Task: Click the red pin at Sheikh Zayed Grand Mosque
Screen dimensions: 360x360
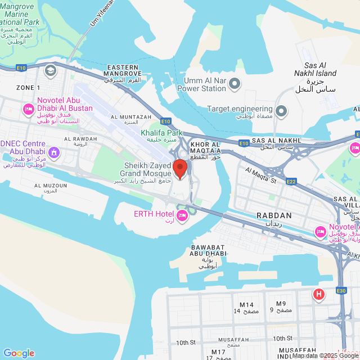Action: pyautogui.click(x=179, y=168)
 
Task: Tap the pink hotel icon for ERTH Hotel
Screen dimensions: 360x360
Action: pyautogui.click(x=182, y=215)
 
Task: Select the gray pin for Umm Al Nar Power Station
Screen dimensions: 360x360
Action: pyautogui.click(x=235, y=84)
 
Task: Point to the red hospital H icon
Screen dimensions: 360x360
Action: pyautogui.click(x=319, y=294)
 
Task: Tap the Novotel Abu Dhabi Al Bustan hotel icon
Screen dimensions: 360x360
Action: pyautogui.click(x=27, y=109)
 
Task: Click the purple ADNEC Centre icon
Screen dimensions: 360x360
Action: pyautogui.click(x=54, y=152)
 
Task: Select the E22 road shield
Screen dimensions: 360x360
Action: pyautogui.click(x=291, y=181)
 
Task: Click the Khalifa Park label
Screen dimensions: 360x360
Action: pyautogui.click(x=158, y=133)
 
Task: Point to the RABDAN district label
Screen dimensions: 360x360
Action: pyautogui.click(x=274, y=215)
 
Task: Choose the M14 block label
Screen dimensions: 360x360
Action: pyautogui.click(x=246, y=305)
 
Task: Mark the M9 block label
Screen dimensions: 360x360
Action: pyautogui.click(x=281, y=304)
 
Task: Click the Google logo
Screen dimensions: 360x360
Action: pyautogui.click(x=19, y=353)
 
